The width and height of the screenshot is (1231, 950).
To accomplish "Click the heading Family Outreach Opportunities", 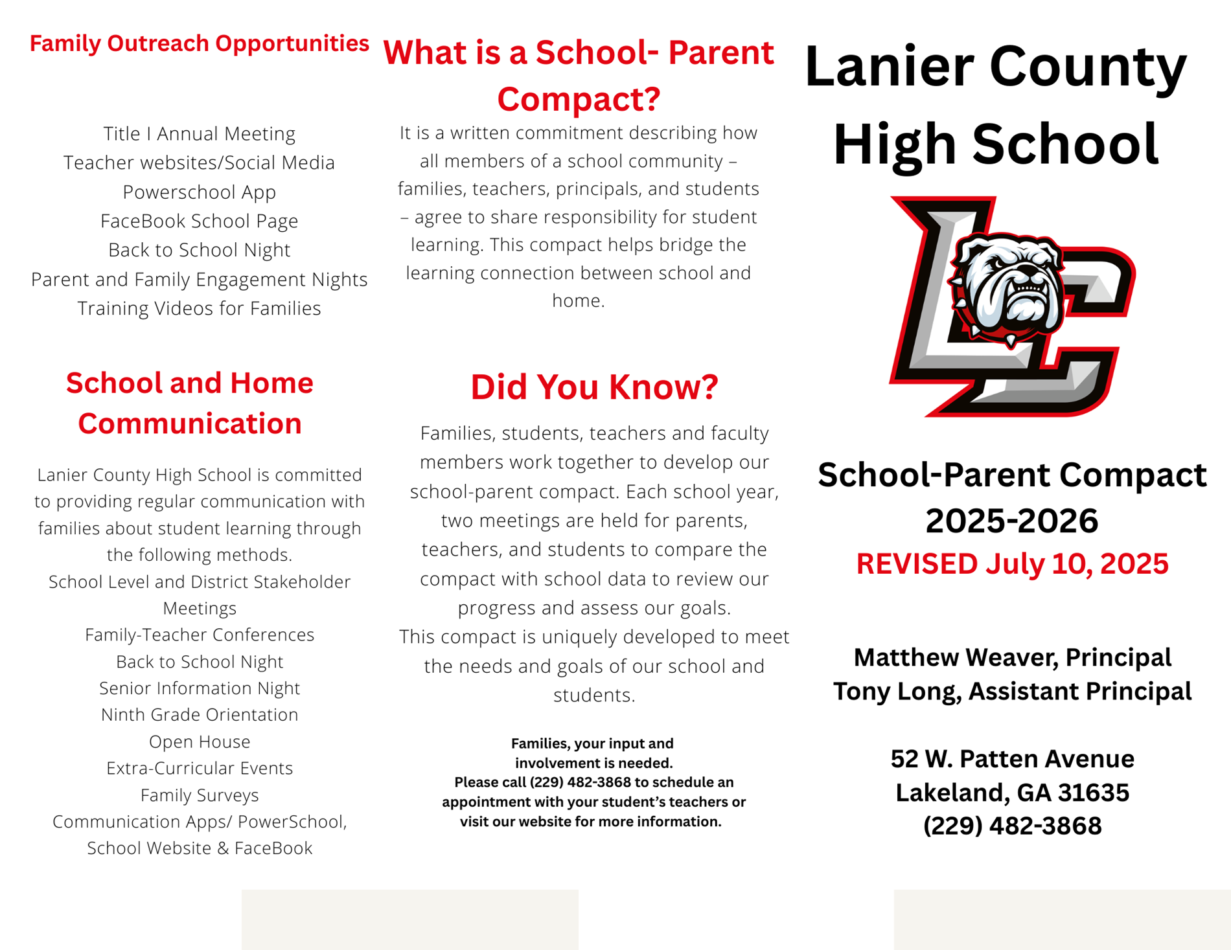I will click(199, 43).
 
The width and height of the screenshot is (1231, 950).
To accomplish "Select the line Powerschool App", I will click(199, 192).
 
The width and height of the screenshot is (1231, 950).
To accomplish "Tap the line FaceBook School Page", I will click(199, 221).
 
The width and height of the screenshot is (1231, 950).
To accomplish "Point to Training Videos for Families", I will click(199, 308).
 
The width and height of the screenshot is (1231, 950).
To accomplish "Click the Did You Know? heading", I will click(593, 387).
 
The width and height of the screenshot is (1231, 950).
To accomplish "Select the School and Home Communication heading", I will click(189, 403).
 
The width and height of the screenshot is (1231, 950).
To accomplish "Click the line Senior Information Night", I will click(199, 688).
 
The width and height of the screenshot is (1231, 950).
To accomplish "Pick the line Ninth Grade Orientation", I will click(199, 714).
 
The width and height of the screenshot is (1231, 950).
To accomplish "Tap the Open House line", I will click(199, 741).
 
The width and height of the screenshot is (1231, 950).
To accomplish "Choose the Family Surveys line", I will click(199, 795).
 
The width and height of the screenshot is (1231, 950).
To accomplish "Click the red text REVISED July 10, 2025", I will click(1012, 563).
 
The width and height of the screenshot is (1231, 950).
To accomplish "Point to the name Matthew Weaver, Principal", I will click(1012, 657).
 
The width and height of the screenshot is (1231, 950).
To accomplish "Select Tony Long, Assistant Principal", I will click(1012, 691).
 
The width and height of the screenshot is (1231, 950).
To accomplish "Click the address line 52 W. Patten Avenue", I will click(1012, 758).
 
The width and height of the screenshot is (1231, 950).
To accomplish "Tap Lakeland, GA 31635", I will click(1012, 792).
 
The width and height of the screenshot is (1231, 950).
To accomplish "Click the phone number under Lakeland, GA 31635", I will click(1012, 826).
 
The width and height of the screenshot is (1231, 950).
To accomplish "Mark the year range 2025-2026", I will click(1012, 520).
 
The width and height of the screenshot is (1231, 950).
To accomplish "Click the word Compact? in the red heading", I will click(578, 99).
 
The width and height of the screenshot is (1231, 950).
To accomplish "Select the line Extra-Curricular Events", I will click(199, 768).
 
